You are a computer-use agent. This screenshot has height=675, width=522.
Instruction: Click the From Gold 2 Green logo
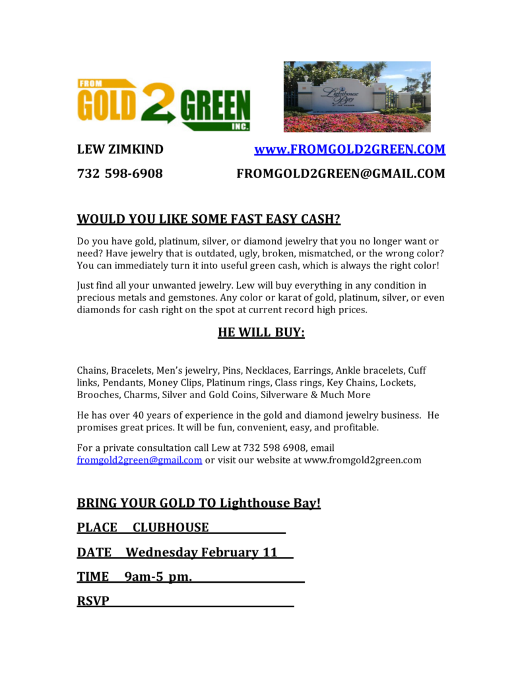[164, 104]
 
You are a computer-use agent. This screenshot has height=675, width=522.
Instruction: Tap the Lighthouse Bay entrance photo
[357, 96]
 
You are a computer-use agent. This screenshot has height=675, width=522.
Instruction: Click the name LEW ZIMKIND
[120, 150]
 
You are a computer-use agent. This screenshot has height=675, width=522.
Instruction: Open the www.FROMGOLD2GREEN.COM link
[350, 150]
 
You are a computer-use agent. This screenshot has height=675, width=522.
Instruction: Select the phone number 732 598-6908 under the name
[120, 174]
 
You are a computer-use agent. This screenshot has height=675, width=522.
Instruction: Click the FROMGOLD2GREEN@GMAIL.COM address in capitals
[341, 174]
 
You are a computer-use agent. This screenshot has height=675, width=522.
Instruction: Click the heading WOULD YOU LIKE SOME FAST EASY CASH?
[209, 219]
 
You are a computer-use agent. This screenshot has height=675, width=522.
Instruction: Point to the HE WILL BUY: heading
[261, 333]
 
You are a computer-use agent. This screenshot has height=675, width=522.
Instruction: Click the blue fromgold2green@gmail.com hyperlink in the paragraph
[139, 460]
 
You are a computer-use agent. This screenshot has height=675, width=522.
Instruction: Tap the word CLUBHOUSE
[170, 527]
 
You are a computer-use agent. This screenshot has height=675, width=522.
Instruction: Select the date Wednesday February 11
[201, 552]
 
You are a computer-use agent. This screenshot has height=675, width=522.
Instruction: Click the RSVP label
[93, 601]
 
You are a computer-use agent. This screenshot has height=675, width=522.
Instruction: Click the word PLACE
[97, 527]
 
